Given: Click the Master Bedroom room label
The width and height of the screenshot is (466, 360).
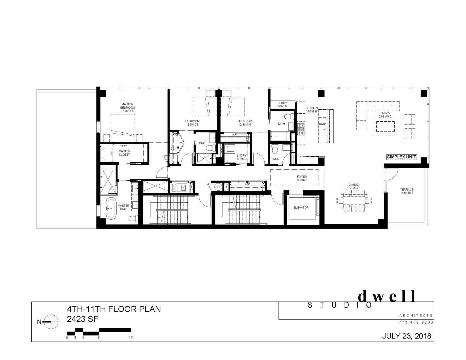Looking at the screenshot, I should point(127,107).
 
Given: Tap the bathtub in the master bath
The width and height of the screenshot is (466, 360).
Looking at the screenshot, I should point(111,209).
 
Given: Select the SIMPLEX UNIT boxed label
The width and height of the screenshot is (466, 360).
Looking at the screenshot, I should point(401,157).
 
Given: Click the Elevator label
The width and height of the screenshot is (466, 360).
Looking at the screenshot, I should point(301,207).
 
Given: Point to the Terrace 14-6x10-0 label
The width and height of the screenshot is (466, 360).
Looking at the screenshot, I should point(407,191).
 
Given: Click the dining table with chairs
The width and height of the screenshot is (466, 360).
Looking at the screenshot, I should point(354,201).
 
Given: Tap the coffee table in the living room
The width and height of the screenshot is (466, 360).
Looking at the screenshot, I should point(386,127).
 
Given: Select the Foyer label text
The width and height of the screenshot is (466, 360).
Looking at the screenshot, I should point(302,178).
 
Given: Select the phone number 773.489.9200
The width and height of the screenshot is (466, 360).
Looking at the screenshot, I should point(416,322).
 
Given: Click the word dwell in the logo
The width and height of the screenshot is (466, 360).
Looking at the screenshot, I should point(387,296).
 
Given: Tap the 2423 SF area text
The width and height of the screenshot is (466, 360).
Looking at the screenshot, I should point(82,319).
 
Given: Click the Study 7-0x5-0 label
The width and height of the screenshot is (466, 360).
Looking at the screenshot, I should point(282,105).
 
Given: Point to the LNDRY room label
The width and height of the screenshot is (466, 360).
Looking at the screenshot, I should point(242,157).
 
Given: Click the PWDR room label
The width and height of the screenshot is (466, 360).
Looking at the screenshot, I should point(275,159).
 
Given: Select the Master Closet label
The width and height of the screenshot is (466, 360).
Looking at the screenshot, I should point(124,153).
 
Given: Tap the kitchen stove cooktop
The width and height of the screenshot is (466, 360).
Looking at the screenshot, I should point(301,129).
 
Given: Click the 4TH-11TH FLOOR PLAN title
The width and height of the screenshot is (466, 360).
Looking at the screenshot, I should point(114,309).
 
